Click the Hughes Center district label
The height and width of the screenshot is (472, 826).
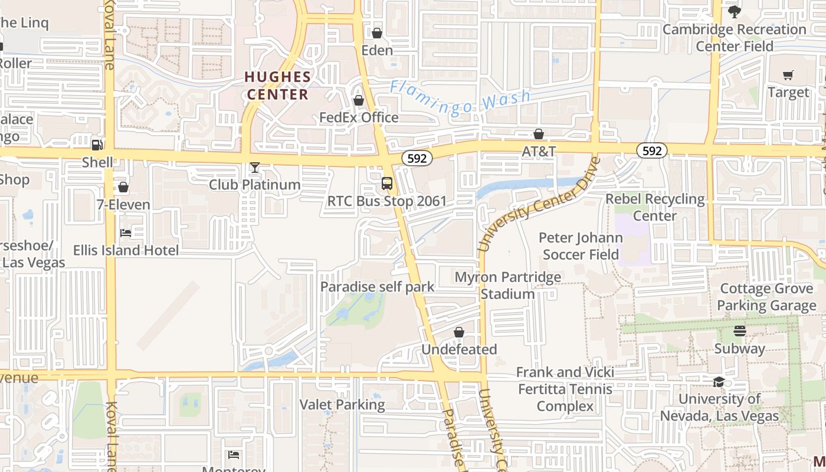tap(278, 86)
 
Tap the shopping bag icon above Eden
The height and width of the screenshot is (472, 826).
tap(376, 33)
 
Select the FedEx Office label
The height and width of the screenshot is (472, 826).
tap(359, 117)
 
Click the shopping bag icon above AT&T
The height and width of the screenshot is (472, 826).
tap(538, 134)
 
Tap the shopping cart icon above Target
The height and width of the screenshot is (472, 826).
tap(788, 75)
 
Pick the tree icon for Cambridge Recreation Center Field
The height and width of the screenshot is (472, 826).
tap(734, 12)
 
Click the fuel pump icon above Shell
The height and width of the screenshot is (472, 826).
tap(97, 145)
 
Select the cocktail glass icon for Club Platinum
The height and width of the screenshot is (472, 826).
tap(254, 168)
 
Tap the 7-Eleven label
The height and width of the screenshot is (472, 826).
tap(123, 205)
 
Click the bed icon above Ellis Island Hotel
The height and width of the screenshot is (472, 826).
tap(126, 232)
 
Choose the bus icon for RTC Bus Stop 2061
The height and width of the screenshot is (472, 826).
tap(386, 183)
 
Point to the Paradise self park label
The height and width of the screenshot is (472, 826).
tap(377, 287)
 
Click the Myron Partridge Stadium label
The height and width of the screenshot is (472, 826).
tap(507, 285)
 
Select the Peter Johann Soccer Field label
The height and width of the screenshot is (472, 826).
tap(581, 246)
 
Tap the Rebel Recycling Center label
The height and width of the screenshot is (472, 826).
tap(655, 207)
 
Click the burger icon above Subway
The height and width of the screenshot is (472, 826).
tap(740, 331)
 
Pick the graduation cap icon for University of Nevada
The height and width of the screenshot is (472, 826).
tap(719, 382)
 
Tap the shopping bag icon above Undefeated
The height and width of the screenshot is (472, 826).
tap(459, 332)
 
